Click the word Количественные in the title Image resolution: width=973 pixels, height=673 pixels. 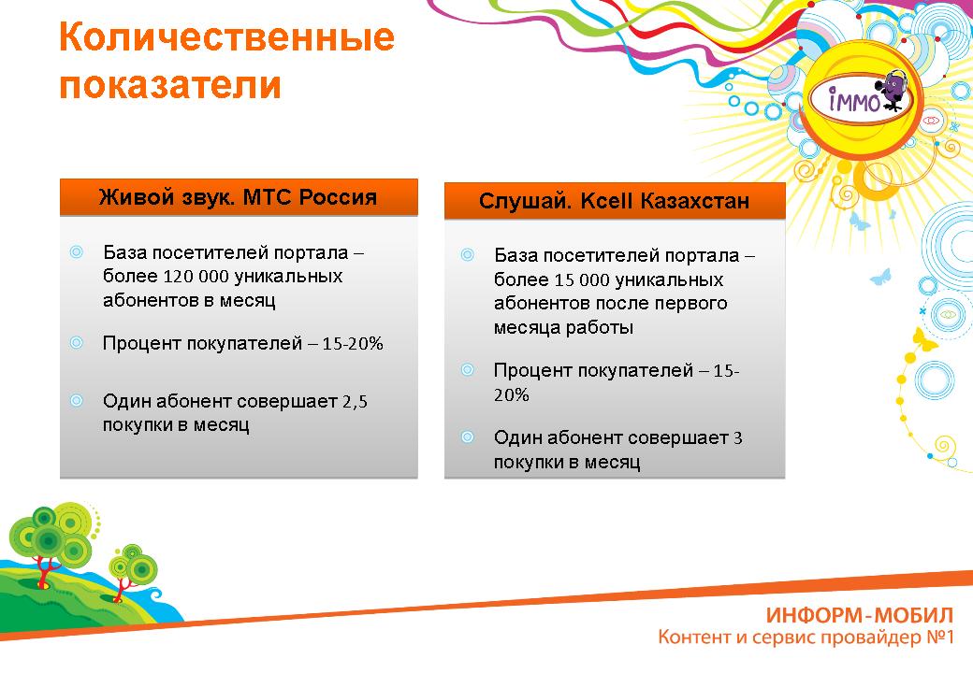coord(226,37)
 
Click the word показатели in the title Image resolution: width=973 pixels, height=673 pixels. coord(170,84)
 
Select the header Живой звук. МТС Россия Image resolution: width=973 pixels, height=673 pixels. coord(239,197)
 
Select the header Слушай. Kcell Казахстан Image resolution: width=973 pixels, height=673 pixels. coord(615,201)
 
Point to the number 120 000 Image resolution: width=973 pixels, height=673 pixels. coord(194,276)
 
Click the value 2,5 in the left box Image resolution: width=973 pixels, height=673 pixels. coord(355,402)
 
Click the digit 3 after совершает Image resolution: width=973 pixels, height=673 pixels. coord(738,438)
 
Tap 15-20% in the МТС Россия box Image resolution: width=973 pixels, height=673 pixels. coord(353,343)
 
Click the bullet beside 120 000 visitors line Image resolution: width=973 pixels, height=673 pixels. coord(77,251)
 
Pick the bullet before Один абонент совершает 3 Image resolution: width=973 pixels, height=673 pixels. coord(467,437)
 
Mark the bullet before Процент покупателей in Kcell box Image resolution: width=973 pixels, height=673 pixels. coord(467,370)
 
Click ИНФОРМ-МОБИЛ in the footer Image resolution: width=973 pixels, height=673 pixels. coord(860,615)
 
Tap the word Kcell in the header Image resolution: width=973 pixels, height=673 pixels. coord(607,201)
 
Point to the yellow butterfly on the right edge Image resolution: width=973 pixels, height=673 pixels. coord(924,339)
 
